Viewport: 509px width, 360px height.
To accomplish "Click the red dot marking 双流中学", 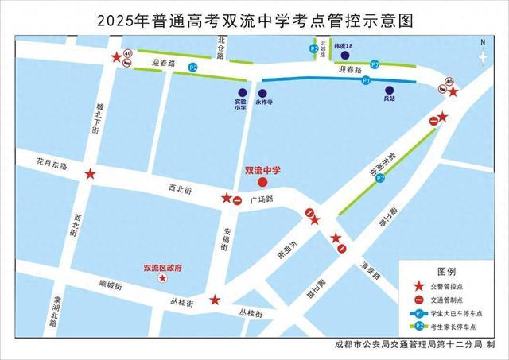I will click(263, 182).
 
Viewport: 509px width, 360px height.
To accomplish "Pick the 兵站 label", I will click(388, 100).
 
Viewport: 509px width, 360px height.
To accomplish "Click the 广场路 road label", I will click(262, 199).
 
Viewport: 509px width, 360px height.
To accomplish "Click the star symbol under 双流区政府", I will click(163, 279).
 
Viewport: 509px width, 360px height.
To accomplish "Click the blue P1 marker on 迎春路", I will click(366, 81).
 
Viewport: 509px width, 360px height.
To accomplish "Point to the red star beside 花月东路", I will click(91, 174).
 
